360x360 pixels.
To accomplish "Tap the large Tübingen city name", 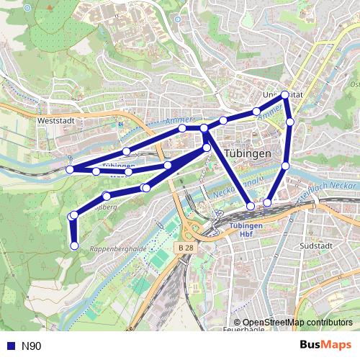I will coord(247,154).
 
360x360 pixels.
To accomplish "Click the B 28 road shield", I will coord(185,247).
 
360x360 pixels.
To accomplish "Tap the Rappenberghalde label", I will coord(119,248).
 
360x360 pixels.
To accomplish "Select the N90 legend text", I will coord(31,346).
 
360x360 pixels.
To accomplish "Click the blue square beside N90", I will coord(11,346).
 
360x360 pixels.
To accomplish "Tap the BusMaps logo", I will coord(325,346).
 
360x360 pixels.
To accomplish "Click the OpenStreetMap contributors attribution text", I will coord(297,323).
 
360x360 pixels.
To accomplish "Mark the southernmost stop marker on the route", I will coord(74,246).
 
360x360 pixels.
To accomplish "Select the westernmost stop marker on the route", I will coord(70,169).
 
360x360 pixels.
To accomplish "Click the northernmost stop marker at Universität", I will coord(285,94).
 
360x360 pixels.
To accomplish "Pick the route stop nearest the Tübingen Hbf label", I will coord(251,206).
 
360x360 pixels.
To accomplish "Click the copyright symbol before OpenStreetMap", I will coord(237,323).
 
